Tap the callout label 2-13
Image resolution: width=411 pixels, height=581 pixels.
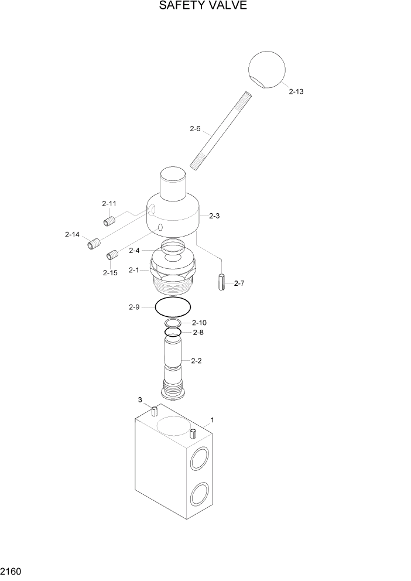coord(296,92)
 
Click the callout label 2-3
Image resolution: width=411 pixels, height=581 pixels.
coord(214,216)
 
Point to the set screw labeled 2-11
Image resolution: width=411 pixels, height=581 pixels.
coord(108,221)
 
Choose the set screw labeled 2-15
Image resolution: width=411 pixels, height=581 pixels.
coord(113,255)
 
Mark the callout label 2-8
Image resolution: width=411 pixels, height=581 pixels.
coord(198,332)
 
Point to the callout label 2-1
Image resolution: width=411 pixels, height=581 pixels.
coord(133,270)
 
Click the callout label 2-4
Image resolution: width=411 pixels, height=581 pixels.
coord(133,251)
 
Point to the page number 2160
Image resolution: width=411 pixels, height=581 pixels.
coord(11,569)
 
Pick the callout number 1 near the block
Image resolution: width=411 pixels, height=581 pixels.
coord(212,420)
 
